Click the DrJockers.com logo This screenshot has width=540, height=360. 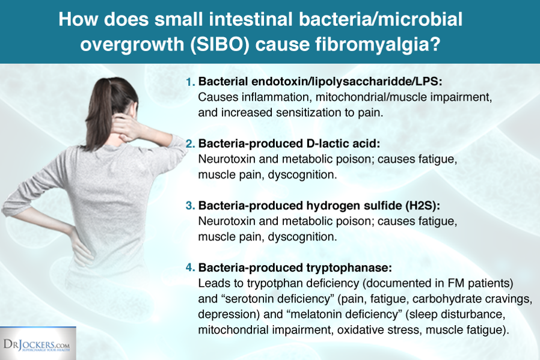tap(37, 344)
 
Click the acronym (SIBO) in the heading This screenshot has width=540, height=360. tap(219, 44)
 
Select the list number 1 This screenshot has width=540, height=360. tap(191, 82)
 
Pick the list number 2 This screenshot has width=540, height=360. tap(191, 144)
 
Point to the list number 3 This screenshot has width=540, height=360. tap(191, 206)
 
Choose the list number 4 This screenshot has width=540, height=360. tap(191, 267)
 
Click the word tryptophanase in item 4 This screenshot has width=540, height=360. tap(349, 268)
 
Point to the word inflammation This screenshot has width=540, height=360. tap(277, 97)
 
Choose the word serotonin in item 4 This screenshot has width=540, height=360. tap(248, 299)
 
